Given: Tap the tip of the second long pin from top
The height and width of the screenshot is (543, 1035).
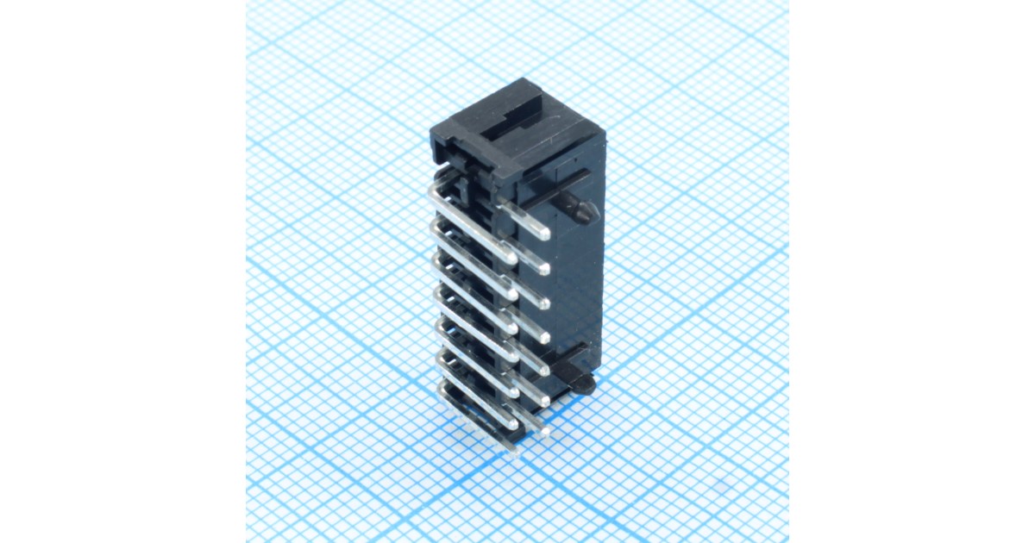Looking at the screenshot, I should click(512, 293).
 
